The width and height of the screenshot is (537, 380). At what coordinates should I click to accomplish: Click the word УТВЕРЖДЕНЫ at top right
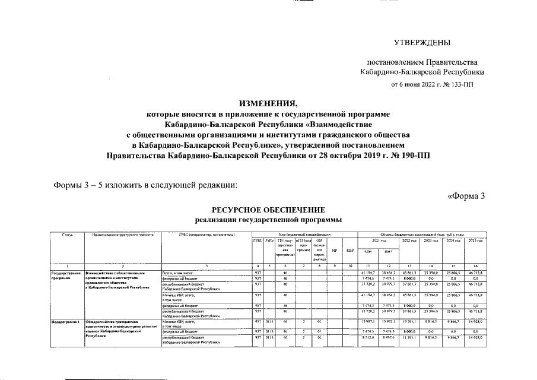tap(422, 42)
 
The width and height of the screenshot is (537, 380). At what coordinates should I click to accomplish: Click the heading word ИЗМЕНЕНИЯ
tap(268, 103)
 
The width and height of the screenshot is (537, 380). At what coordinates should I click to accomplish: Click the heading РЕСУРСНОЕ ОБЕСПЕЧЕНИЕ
tap(268, 210)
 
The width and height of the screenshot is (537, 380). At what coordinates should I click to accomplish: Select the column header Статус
tap(67, 235)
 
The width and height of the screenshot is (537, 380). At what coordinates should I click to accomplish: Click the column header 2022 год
tap(409, 240)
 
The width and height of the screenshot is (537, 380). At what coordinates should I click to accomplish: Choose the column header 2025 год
tap(475, 240)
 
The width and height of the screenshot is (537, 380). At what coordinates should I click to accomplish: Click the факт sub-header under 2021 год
tap(388, 251)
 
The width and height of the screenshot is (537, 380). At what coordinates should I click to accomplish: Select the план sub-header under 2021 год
tap(368, 251)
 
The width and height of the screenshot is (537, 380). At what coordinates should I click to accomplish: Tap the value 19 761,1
tap(409, 321)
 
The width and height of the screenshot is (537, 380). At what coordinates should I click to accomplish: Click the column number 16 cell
tap(475, 265)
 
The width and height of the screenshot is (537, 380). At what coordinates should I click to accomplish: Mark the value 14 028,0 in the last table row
tap(475, 337)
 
